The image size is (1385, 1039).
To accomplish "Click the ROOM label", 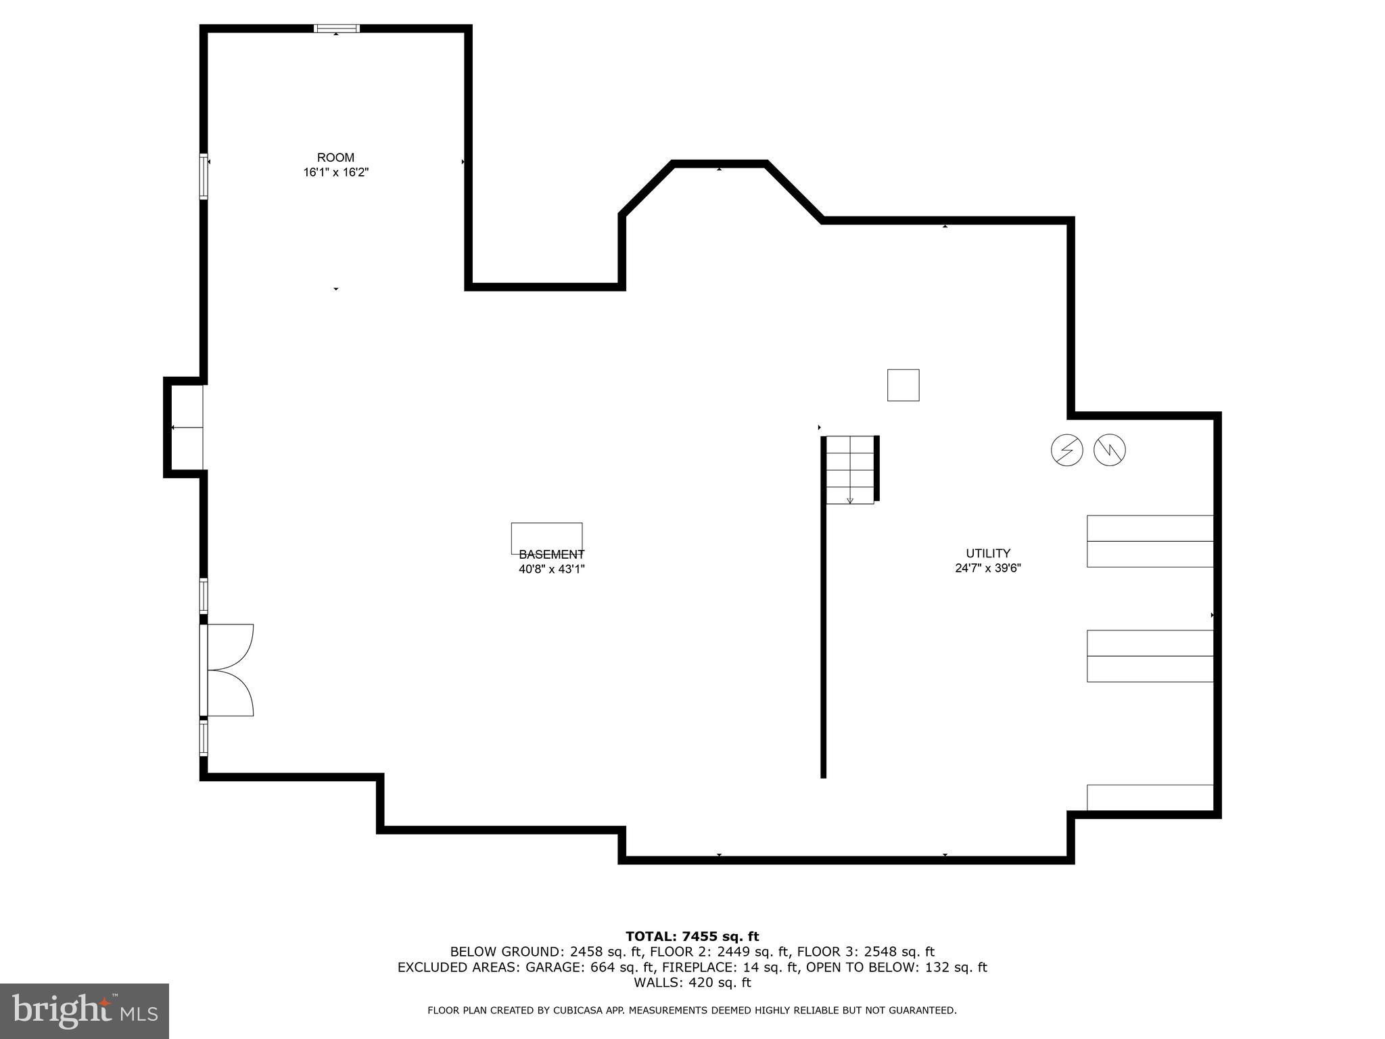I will (x=335, y=158).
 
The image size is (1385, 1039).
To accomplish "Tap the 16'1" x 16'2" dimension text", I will (x=335, y=172).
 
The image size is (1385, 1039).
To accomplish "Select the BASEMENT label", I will (x=551, y=555).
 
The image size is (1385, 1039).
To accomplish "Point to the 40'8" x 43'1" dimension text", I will (x=551, y=569).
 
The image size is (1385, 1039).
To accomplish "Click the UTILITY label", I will (x=987, y=553).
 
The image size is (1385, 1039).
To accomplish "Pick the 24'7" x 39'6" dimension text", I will (x=987, y=568).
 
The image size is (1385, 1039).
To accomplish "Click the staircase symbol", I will (x=850, y=469).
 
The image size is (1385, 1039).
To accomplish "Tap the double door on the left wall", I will (x=227, y=670).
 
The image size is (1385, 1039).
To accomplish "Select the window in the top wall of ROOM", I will (x=336, y=28).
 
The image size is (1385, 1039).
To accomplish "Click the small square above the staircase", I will (x=903, y=385).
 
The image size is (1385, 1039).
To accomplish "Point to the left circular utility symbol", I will (x=1066, y=450).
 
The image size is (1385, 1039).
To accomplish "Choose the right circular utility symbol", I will (x=1109, y=450).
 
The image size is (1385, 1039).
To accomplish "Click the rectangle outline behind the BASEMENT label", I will (x=546, y=538).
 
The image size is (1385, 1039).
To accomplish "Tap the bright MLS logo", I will (x=85, y=1011).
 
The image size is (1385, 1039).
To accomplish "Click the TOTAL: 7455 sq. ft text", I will (x=692, y=936).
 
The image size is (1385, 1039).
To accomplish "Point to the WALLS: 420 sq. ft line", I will (x=692, y=983).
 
